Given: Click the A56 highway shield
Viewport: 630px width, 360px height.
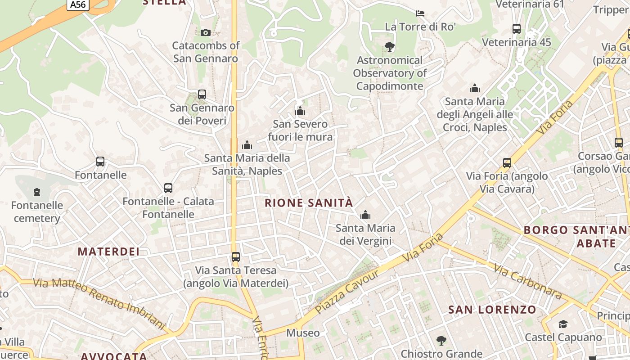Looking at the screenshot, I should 77,4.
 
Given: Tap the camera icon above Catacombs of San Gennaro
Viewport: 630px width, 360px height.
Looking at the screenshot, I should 206,32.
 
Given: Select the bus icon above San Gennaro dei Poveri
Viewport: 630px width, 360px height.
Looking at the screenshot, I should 202,94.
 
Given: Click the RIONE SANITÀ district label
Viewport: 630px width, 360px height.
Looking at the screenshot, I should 309,203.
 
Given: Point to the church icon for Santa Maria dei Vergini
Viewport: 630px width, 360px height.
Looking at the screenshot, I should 365,215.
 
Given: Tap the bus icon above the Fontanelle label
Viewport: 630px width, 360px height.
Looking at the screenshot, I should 100,162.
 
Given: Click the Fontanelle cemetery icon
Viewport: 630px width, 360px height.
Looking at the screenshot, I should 37,192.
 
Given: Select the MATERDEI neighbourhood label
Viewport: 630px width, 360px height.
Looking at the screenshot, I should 108,252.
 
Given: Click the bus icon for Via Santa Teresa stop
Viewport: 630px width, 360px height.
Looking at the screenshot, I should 236,257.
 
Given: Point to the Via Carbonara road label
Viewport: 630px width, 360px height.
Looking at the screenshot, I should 527,282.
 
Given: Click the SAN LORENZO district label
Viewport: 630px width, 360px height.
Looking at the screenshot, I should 492,310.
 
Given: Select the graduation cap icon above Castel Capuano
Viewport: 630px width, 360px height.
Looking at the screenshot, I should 563,324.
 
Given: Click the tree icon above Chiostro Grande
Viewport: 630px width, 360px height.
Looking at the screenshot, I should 441,341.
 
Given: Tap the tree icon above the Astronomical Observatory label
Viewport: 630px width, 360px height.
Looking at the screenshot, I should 389,46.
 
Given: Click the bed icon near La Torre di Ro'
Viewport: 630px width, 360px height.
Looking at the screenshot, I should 420,13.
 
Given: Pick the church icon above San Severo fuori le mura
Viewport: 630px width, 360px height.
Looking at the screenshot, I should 300,111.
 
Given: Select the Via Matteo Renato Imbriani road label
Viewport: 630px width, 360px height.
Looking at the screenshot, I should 100,302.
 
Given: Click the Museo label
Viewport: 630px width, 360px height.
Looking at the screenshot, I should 303,333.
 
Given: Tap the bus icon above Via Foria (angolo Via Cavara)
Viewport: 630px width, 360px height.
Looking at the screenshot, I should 507,163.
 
